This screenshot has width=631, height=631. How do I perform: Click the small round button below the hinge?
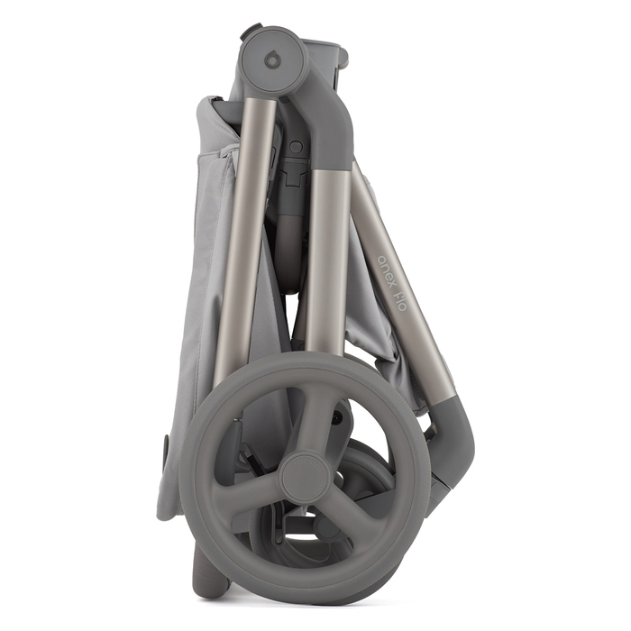[296, 146]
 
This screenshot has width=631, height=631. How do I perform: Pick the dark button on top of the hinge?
[252, 31]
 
